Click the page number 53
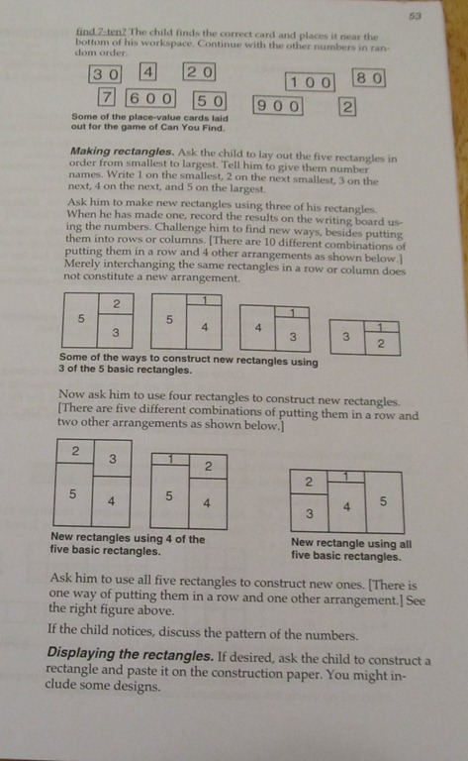click(415, 16)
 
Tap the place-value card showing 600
click(150, 99)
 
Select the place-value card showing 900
click(278, 106)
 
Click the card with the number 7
click(106, 97)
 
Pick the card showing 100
click(310, 82)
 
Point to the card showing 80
click(369, 78)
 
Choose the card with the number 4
click(147, 71)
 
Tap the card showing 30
click(105, 74)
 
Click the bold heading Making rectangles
click(122, 152)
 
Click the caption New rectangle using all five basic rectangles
click(350, 549)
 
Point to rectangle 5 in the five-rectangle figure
click(384, 501)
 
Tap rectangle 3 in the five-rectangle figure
click(309, 513)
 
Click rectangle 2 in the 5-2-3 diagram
click(116, 304)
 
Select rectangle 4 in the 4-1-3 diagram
click(257, 328)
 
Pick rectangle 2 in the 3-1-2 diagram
click(381, 344)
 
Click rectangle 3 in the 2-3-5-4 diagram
click(113, 458)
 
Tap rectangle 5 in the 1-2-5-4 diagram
click(169, 496)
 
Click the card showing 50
click(210, 101)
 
